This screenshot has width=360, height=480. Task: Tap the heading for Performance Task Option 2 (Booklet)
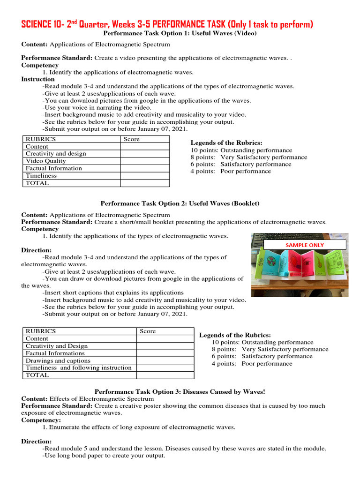click(180, 203)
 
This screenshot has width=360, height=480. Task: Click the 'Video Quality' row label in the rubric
click(45, 161)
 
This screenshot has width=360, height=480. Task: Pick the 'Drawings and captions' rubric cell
click(58, 360)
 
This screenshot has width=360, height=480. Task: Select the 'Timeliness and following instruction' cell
click(78, 368)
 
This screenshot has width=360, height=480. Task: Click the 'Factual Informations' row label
click(55, 353)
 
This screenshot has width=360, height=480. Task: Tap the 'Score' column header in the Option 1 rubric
click(132, 139)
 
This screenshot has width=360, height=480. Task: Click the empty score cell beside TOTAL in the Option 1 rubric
click(145, 183)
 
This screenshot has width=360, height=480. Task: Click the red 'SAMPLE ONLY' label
click(305, 245)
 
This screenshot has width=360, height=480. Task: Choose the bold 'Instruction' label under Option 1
click(38, 79)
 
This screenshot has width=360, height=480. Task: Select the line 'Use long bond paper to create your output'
click(104, 456)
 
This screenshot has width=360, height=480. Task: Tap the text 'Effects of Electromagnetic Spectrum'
click(101, 398)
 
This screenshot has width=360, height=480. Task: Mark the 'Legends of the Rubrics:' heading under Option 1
click(226, 143)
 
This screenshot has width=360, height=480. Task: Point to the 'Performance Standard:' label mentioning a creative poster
click(57, 406)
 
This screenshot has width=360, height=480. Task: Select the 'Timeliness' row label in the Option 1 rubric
click(41, 176)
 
